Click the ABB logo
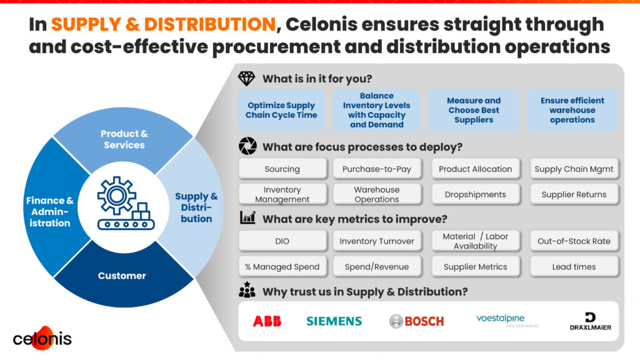coord(267,321)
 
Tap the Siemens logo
coord(334,321)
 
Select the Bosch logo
coord(416,321)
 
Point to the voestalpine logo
coord(507,321)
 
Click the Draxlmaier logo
coord(590,321)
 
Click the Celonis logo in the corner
coord(42,338)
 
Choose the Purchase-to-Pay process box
coord(377,169)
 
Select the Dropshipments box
coord(475,195)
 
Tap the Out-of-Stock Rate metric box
coord(574,241)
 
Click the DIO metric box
coord(282,241)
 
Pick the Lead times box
coord(574,267)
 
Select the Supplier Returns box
coord(574,195)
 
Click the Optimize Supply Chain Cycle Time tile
coord(281,110)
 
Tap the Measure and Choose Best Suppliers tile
coord(474,110)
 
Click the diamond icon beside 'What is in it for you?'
coord(246,78)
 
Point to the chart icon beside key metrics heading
coord(247,218)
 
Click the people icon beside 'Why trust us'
coord(247,290)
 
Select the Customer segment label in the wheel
coord(122,276)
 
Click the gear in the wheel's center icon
coord(117,196)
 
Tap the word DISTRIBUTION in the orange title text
coord(210,24)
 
